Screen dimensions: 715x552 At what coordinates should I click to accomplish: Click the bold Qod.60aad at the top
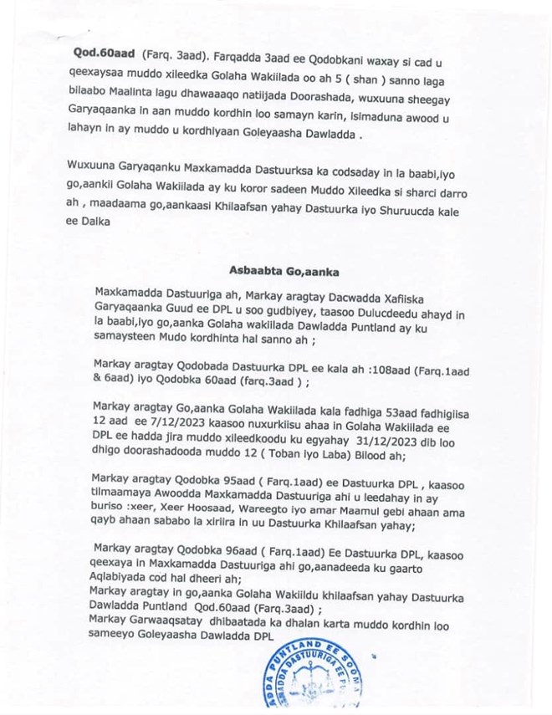click(97, 50)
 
